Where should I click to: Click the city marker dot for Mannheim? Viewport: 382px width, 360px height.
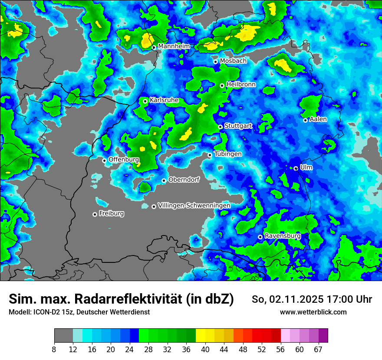tap(154, 47)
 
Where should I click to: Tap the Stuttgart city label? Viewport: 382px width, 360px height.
tap(238, 126)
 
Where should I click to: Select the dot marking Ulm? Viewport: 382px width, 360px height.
tap(296, 168)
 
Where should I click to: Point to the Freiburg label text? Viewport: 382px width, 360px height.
tap(111, 213)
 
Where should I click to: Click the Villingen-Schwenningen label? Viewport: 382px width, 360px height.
tap(194, 206)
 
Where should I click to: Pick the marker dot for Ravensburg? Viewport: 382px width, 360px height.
tap(260, 237)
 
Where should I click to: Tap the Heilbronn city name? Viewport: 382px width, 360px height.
tap(241, 85)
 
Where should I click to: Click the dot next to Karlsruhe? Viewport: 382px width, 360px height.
tap(145, 101)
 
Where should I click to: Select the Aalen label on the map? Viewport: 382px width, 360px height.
tap(318, 119)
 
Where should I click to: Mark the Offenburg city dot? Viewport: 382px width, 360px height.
tap(104, 160)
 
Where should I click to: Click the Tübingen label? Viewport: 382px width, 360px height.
tap(228, 154)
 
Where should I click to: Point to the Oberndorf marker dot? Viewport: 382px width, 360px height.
tap(164, 180)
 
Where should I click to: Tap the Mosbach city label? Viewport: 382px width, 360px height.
tap(233, 61)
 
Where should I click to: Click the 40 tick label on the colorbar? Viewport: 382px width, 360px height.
tap(205, 349)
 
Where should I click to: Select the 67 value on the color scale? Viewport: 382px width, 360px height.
tap(318, 349)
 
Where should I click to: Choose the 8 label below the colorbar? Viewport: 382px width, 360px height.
tap(54, 349)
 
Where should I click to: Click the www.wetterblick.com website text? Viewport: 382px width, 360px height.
tap(313, 312)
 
